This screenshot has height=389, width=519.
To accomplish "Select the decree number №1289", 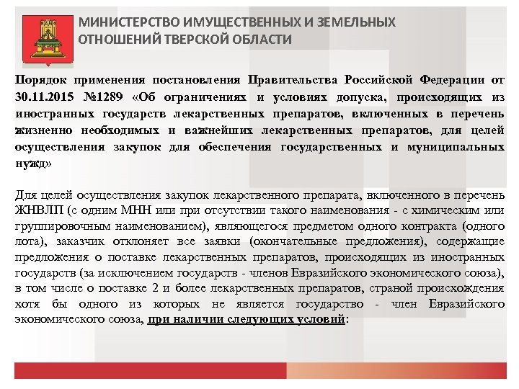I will click(x=104, y=97).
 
